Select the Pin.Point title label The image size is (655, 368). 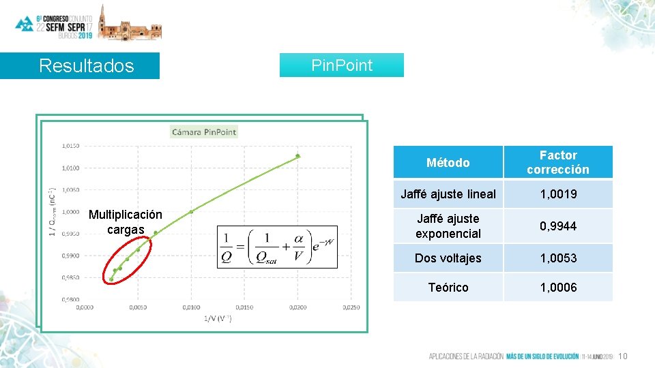342,65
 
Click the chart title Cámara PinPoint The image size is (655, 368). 204,132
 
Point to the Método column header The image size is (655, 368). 448,162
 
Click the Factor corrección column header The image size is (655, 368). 557,162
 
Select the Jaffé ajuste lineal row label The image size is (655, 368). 448,194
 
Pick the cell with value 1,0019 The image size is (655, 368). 557,194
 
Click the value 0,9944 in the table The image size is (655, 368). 557,226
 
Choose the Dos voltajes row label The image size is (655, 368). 448,258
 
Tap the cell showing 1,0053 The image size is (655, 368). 557,258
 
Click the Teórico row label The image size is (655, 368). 448,288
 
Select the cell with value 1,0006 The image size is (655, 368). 557,288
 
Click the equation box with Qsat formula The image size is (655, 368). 278,247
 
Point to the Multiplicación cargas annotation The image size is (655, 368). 126,222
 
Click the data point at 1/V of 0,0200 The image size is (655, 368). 297,156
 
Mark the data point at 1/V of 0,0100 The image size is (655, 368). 191,211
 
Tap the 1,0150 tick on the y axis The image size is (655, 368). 70,145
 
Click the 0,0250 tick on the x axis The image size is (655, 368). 350,307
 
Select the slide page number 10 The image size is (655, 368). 622,356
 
